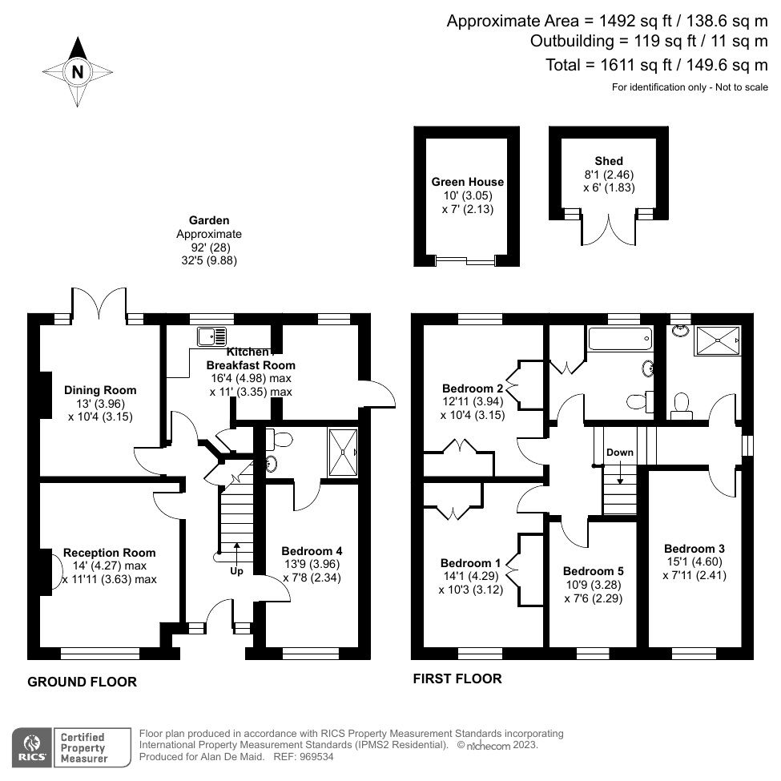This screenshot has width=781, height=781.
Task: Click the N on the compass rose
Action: pos(78,72)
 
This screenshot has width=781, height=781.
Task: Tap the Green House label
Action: pos(467,182)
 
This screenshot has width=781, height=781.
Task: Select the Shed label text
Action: pos(609,161)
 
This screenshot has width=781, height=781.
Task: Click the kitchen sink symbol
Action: pos(211,336)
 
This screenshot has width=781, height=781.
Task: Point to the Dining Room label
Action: pos(100,390)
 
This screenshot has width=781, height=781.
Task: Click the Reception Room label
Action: pos(110,553)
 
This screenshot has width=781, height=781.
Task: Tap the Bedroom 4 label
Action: pos(312,551)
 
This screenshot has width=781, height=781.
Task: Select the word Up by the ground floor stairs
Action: pos(237,571)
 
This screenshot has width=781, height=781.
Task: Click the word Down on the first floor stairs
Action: pos(619,453)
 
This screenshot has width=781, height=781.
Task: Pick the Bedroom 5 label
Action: pos(593,571)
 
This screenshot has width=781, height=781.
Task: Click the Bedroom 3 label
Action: pos(694,548)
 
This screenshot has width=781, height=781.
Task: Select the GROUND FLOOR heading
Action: pos(83,682)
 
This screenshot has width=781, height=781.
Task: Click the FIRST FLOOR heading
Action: pos(457,679)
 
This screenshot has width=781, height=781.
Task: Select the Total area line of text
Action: pos(656,65)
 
